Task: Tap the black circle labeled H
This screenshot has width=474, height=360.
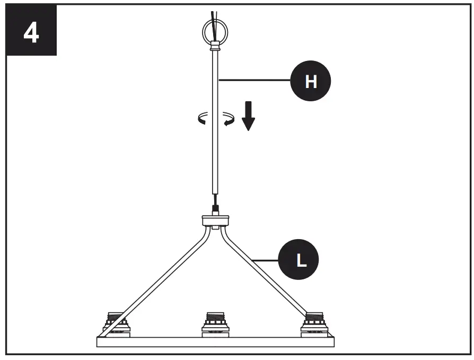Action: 310,81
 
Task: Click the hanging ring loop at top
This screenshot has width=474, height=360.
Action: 214,32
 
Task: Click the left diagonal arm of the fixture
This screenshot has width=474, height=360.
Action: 159,278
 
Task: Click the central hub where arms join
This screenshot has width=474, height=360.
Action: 215,221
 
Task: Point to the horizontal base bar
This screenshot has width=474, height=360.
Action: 215,341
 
